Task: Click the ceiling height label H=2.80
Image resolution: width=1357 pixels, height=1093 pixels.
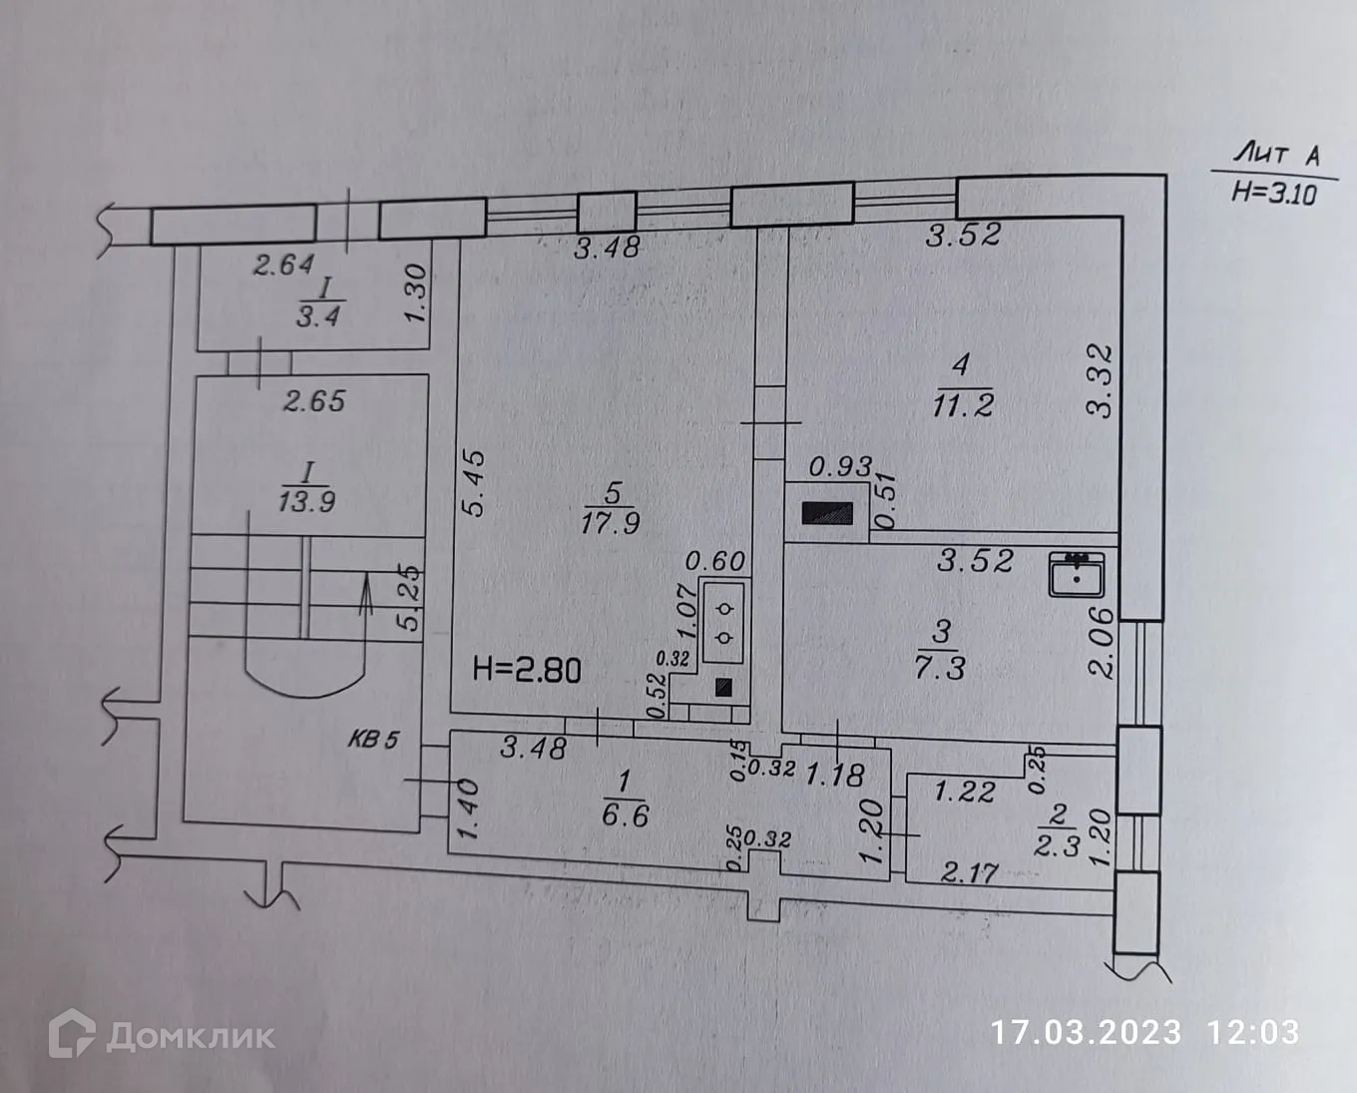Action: point(527,669)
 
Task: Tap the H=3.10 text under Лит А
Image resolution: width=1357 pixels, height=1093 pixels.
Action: point(1273,192)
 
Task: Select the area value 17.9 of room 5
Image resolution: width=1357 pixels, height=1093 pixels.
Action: point(611,522)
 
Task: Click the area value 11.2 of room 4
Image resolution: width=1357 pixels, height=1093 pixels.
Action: point(962,405)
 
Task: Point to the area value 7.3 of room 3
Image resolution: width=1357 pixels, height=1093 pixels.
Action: point(940,667)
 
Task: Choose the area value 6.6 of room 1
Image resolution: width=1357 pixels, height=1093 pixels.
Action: point(626,816)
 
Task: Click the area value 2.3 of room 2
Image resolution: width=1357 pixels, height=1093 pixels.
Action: point(1056,846)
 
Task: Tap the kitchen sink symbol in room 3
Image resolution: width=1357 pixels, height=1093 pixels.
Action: point(1076,574)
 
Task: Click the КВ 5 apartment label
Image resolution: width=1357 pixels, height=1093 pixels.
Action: point(373,740)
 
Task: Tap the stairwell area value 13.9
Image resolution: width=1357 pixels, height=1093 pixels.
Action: point(306,501)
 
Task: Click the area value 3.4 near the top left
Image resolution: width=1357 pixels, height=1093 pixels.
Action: point(318,316)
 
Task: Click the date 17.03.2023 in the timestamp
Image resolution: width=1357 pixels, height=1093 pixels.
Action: point(1085,1032)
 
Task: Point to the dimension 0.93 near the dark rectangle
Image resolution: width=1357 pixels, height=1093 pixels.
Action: point(840,466)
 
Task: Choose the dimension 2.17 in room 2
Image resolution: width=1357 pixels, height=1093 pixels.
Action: point(969,873)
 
